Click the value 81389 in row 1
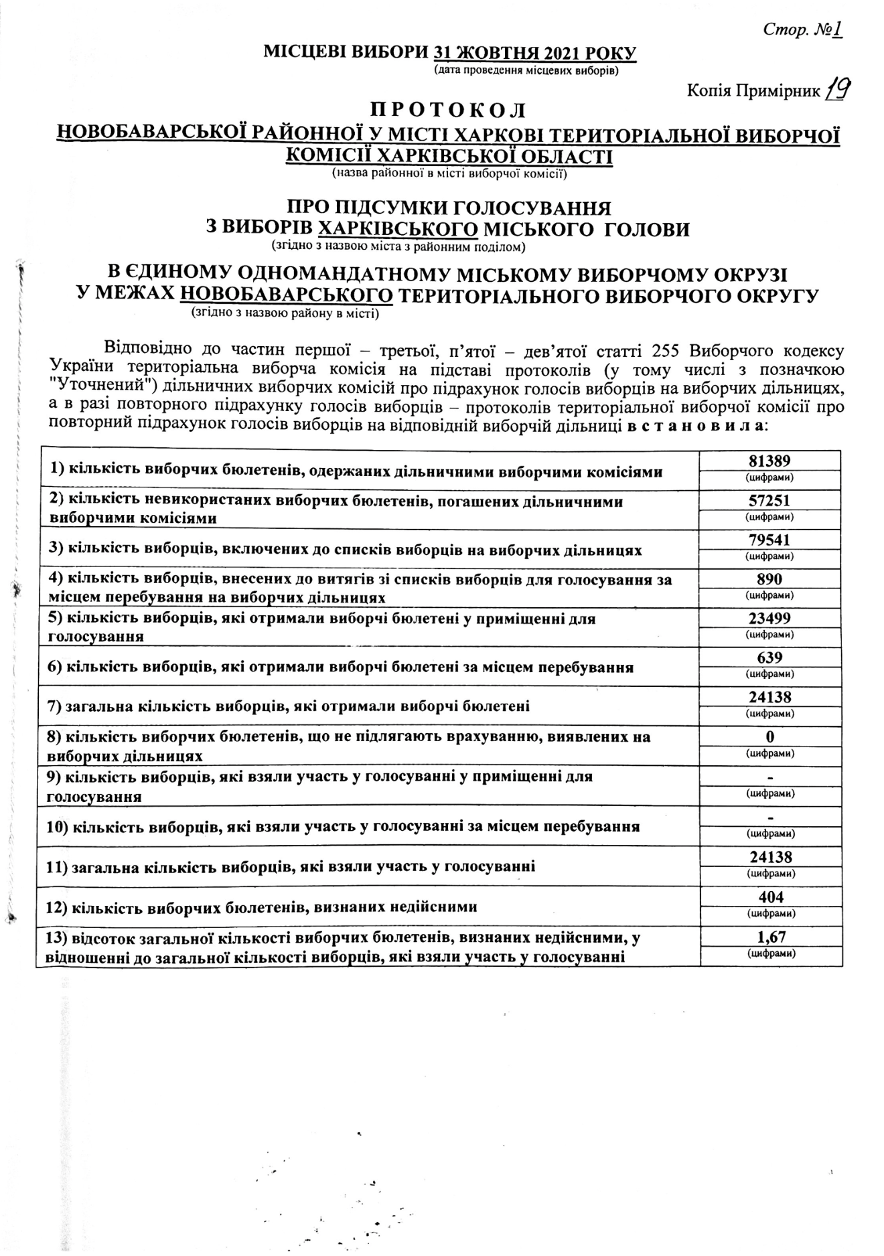click(x=769, y=461)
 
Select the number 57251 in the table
click(x=769, y=501)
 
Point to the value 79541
click(x=769, y=540)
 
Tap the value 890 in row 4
click(x=769, y=579)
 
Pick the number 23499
click(x=769, y=619)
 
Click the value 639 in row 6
click(x=769, y=657)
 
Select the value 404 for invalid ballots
click(x=769, y=897)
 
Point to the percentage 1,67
click(x=769, y=937)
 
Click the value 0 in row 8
click(x=769, y=736)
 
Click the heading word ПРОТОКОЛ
click(x=448, y=110)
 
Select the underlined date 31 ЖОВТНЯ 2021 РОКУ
click(x=535, y=54)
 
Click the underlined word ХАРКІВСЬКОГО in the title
click(x=398, y=229)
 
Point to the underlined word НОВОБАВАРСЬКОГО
click(x=287, y=295)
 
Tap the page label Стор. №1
click(x=802, y=30)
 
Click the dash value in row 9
click(x=769, y=778)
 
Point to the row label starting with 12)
click(x=262, y=907)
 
